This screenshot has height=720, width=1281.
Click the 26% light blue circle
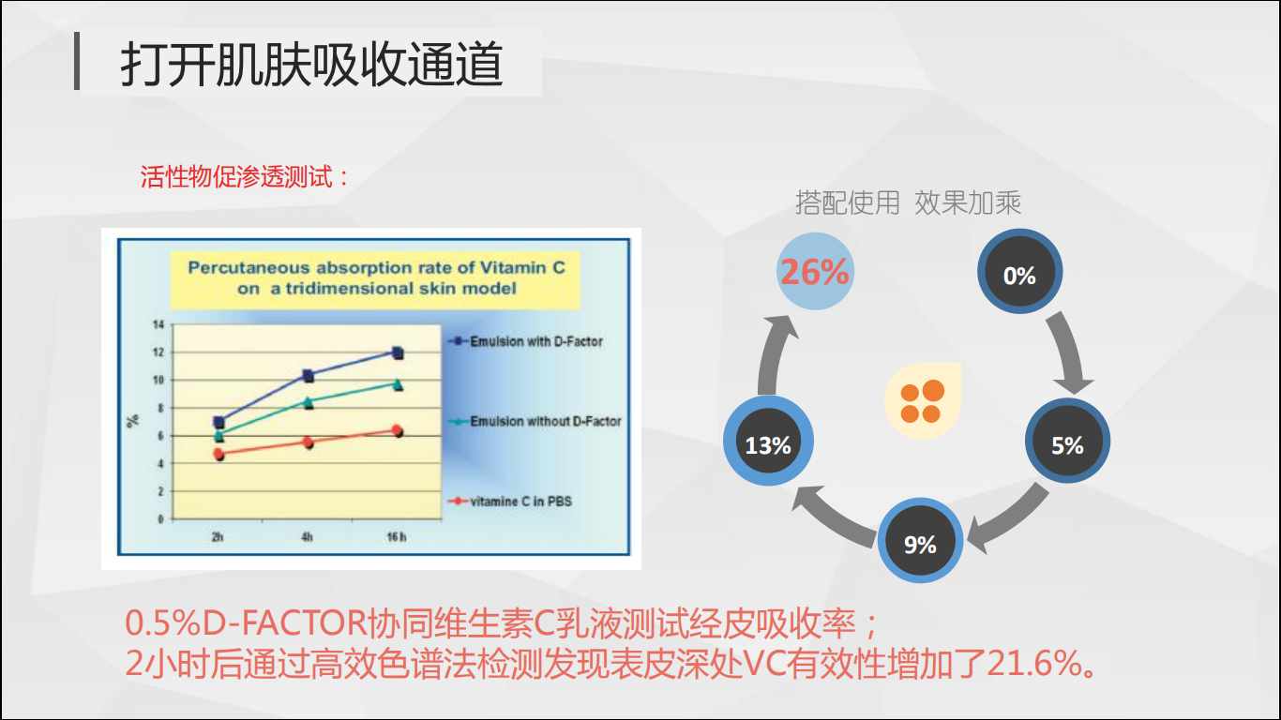pyautogui.click(x=815, y=271)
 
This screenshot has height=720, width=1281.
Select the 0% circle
pyautogui.click(x=1019, y=271)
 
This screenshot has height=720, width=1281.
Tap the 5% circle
pyautogui.click(x=1067, y=441)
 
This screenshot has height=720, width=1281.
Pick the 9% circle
pyautogui.click(x=920, y=540)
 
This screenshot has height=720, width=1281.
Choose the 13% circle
pyautogui.click(x=768, y=441)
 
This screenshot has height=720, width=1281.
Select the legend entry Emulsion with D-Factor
pyautogui.click(x=525, y=341)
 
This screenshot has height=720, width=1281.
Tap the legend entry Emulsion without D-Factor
pyautogui.click(x=535, y=422)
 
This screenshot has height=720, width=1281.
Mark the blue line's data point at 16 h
pyautogui.click(x=398, y=352)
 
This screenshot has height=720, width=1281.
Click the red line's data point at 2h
pyautogui.click(x=219, y=454)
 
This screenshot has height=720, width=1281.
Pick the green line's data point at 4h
pyautogui.click(x=309, y=402)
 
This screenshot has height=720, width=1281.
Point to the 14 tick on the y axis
pyautogui.click(x=158, y=324)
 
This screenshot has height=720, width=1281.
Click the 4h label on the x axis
pyautogui.click(x=307, y=536)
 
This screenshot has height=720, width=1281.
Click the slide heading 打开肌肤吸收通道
pyautogui.click(x=311, y=64)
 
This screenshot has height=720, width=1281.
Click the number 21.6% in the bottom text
pyautogui.click(x=1034, y=664)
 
